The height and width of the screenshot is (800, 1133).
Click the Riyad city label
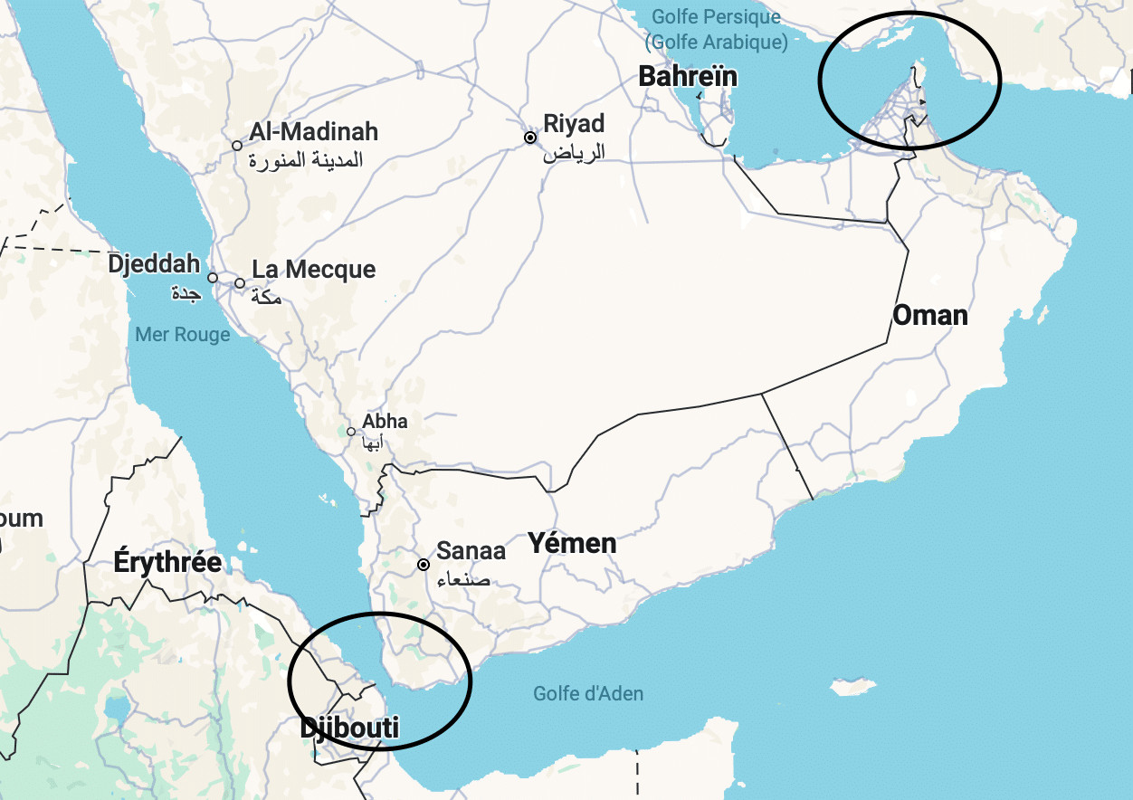click(574, 124)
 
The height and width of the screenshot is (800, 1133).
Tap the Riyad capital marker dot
click(530, 138)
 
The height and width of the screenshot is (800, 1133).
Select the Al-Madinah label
click(314, 132)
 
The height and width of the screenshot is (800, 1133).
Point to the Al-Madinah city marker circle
click(237, 146)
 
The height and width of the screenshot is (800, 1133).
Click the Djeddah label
click(154, 264)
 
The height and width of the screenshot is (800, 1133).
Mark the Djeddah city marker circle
click(213, 278)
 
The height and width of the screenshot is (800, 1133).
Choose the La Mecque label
click(313, 270)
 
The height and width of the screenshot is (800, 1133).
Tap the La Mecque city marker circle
click(240, 283)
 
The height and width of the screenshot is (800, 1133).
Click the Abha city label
click(385, 422)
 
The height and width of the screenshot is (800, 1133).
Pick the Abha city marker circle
click(351, 431)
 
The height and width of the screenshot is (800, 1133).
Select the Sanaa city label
click(471, 550)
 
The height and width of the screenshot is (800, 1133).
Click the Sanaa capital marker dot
click(424, 565)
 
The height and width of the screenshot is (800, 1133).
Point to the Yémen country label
click(573, 544)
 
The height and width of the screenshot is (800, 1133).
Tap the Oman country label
click(930, 316)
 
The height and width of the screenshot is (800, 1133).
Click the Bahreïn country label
click(688, 77)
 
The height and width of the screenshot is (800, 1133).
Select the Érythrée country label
click(167, 562)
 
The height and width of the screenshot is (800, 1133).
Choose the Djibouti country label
click(349, 728)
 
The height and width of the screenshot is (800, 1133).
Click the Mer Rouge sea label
click(183, 335)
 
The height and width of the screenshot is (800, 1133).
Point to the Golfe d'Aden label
click(588, 694)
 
